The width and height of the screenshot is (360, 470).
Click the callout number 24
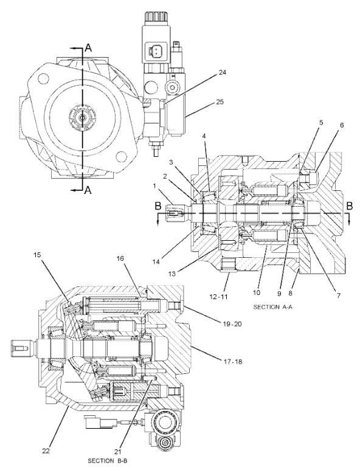(222, 73)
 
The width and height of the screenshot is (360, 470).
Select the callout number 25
(220, 102)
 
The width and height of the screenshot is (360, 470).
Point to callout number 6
(342, 125)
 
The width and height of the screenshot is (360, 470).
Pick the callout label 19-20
(232, 324)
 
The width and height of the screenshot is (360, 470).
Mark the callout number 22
(46, 451)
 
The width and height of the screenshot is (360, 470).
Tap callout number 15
(37, 255)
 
